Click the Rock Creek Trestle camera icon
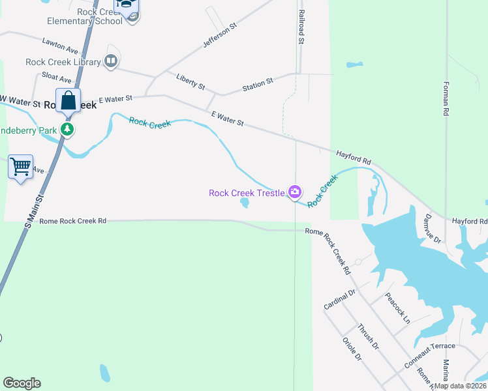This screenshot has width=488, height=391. point(295,192)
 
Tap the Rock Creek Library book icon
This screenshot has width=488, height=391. point(111,62)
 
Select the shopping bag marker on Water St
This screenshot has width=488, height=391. point(69,102)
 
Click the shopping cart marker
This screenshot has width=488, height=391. point(20,167)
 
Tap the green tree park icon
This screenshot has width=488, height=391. point(67,129)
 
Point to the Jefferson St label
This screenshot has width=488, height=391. point(219,35)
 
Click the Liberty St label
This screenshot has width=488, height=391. point(191,81)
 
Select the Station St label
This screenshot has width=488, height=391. point(258,84)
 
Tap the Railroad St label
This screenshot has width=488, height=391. point(301,27)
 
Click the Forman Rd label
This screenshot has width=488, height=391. point(446,98)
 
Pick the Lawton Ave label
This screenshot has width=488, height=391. point(60,46)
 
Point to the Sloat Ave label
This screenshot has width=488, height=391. point(56,76)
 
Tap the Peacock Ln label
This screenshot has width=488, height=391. point(397,308)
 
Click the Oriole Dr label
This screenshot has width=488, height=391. point(352,349)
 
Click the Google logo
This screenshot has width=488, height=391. point(22,383)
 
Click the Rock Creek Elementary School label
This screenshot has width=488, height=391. point(85,16)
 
